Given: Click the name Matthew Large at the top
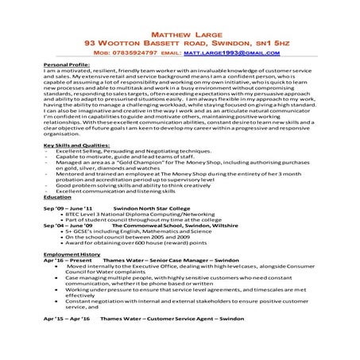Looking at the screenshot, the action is click(x=180, y=37).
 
